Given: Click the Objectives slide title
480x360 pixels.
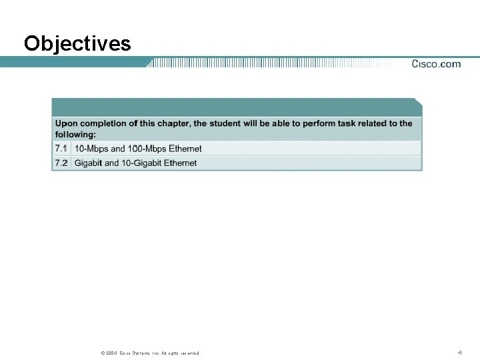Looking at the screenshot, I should [x=77, y=44].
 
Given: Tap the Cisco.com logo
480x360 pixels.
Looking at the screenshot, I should [x=436, y=64].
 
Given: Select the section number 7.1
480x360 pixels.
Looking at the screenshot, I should [x=61, y=148].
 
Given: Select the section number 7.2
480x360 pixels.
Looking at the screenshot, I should [x=61, y=163].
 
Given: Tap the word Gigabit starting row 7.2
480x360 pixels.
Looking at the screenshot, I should [x=88, y=163].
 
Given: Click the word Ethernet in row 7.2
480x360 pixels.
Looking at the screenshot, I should [x=181, y=163].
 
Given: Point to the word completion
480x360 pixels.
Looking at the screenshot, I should [x=103, y=123].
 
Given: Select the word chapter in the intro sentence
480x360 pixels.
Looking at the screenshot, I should [x=172, y=123].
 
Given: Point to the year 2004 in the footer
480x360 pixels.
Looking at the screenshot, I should [x=109, y=353].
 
